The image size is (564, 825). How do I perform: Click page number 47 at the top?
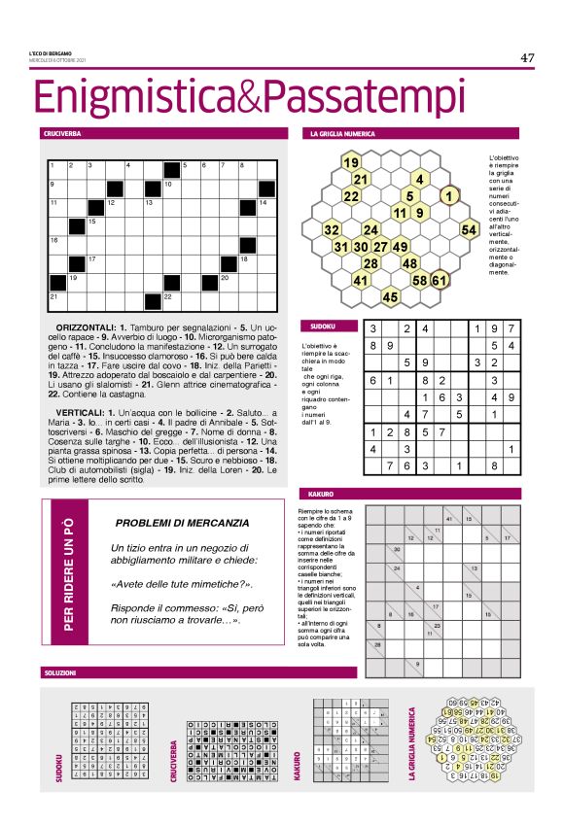coord(527,57)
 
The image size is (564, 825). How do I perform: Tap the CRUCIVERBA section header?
coord(61,132)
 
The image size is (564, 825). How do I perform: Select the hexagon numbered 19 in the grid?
coord(351,161)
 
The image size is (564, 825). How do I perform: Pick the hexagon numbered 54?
coord(469,230)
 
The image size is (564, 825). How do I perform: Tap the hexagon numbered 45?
coord(391,296)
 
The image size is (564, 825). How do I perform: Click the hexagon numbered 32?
coord(332,230)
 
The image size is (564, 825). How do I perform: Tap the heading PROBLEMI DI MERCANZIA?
coord(183,523)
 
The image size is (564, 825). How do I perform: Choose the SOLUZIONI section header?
coord(59,671)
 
